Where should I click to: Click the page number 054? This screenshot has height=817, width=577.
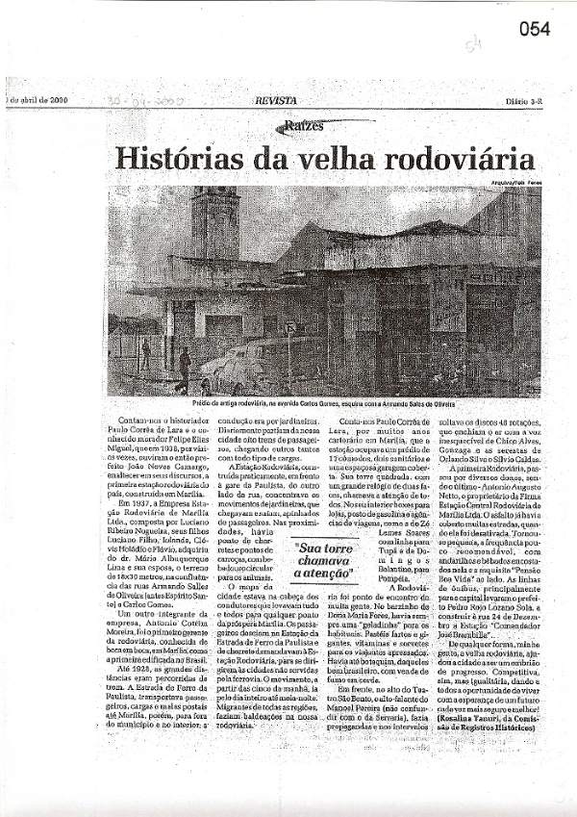(x=535, y=29)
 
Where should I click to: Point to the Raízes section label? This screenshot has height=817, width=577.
(x=303, y=126)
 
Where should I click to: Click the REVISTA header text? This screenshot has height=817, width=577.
(x=275, y=100)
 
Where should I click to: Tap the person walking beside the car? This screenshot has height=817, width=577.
(x=184, y=367)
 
